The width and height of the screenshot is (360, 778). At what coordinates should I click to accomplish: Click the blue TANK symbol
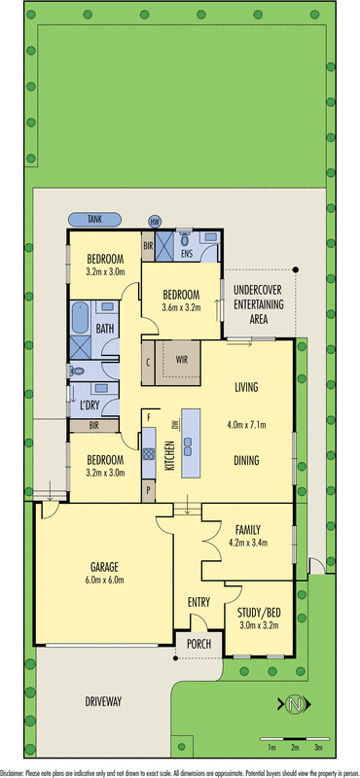click(94, 220)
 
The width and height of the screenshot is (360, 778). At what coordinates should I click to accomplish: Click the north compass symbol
click(297, 703)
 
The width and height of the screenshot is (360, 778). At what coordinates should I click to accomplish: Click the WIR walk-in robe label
click(181, 359)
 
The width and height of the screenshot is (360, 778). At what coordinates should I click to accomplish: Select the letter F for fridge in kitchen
click(148, 416)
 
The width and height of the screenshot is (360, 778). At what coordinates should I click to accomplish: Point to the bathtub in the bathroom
click(79, 320)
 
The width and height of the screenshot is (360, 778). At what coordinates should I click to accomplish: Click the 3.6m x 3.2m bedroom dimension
click(181, 308)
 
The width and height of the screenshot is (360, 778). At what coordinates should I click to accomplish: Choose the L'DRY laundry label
click(91, 402)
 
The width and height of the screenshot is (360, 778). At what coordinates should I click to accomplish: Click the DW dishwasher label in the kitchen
click(175, 424)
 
